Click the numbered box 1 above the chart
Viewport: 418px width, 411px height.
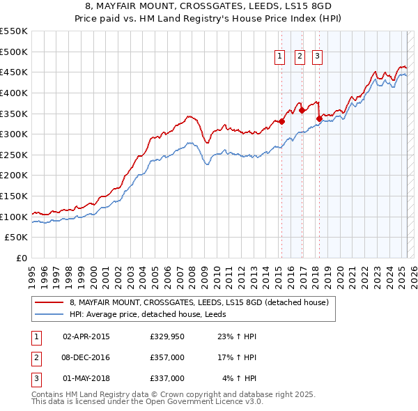[x=279, y=56]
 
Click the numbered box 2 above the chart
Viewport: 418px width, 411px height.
[x=300, y=56]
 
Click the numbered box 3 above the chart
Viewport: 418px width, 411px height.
[x=317, y=56]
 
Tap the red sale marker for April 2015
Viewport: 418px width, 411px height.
[x=282, y=122]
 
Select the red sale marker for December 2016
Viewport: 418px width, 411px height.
[x=302, y=110]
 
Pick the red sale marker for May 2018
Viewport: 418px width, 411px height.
[x=319, y=118]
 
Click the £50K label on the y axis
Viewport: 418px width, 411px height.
[x=16, y=238]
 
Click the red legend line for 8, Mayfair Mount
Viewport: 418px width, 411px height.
[x=49, y=302]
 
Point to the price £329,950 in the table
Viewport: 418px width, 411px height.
[x=167, y=336]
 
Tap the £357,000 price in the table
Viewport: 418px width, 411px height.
[x=167, y=357]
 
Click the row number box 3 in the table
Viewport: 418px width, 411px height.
[x=36, y=378]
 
